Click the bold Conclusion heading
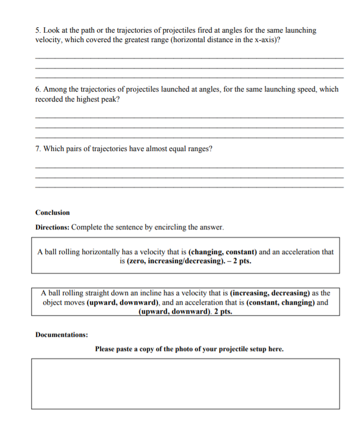[53, 213]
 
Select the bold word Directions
[52, 227]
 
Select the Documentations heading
[62, 334]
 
